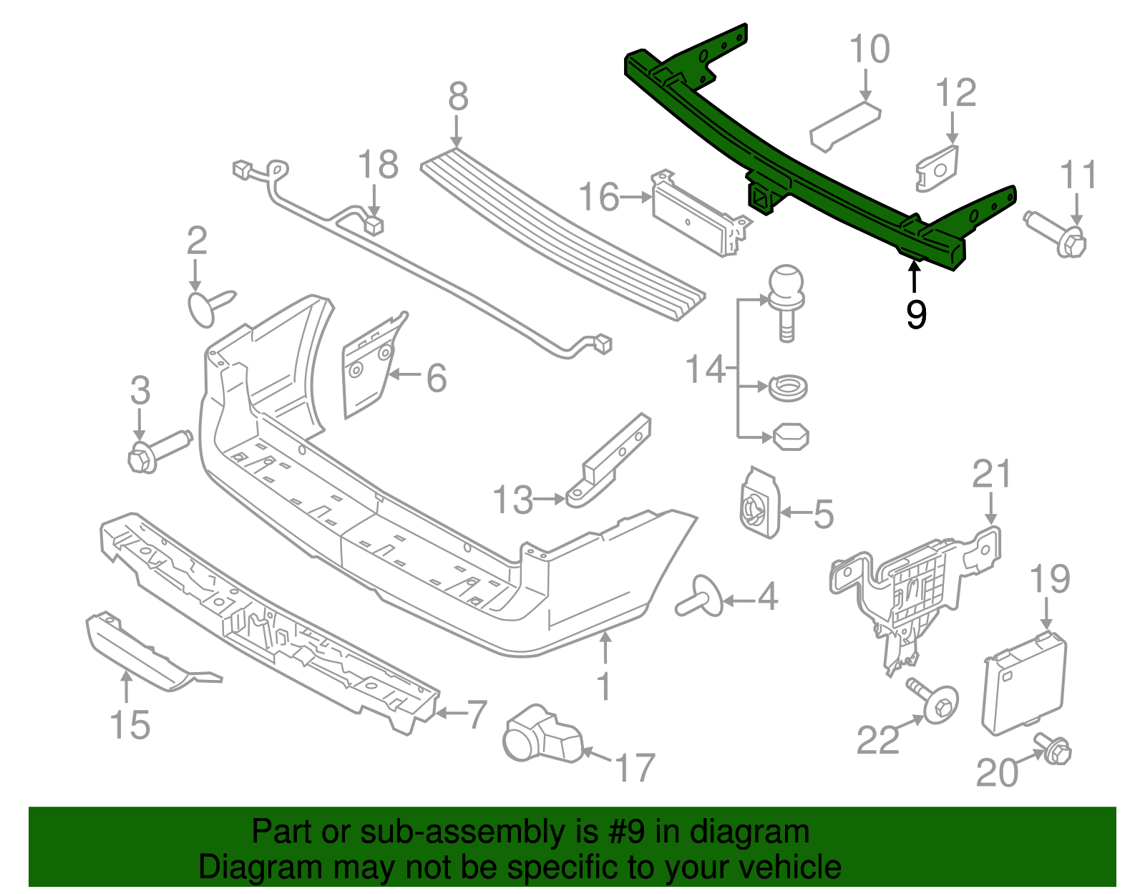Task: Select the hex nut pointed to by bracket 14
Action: coord(790,437)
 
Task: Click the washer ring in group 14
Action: coord(788,389)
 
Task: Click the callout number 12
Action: coord(955,93)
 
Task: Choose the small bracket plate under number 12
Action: coord(937,169)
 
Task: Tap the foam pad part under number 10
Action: coord(845,126)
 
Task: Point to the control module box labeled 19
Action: coord(1024,682)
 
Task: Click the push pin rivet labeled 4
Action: coord(700,595)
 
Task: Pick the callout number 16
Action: coord(598,197)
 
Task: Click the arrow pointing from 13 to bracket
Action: coord(550,499)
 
